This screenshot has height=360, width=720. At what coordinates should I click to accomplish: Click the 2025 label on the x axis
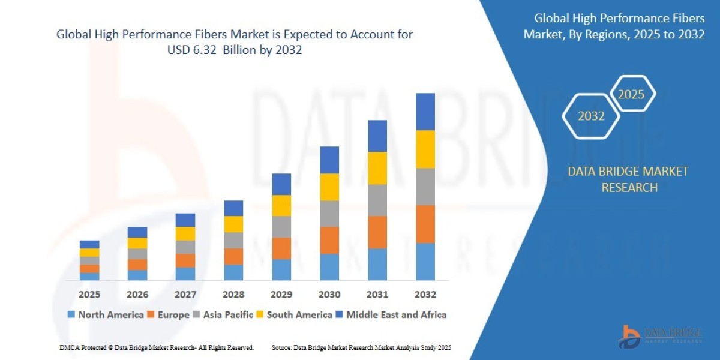(x=89, y=295)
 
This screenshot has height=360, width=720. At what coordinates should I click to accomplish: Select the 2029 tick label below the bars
(x=281, y=295)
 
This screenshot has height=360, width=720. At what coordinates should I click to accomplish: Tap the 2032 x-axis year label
(x=425, y=295)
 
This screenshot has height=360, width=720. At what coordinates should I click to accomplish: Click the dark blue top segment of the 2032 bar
(x=425, y=112)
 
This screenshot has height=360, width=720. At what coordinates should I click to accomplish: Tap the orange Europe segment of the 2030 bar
(x=329, y=240)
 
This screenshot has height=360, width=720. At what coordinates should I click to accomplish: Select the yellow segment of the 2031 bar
(x=377, y=168)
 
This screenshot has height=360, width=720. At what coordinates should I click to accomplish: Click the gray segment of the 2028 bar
(x=233, y=240)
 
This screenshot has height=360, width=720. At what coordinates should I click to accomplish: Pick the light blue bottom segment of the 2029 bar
(x=281, y=269)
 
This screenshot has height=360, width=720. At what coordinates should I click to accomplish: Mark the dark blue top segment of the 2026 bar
(x=137, y=232)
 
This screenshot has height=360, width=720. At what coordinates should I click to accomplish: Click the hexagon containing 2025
(x=631, y=94)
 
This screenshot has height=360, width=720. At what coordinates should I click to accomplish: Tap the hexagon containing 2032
(x=591, y=116)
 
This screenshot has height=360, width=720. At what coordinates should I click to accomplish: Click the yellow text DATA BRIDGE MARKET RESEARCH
(x=628, y=179)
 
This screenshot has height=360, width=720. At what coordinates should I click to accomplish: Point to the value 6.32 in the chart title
(x=209, y=50)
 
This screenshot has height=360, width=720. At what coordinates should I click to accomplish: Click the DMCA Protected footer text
(x=157, y=347)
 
